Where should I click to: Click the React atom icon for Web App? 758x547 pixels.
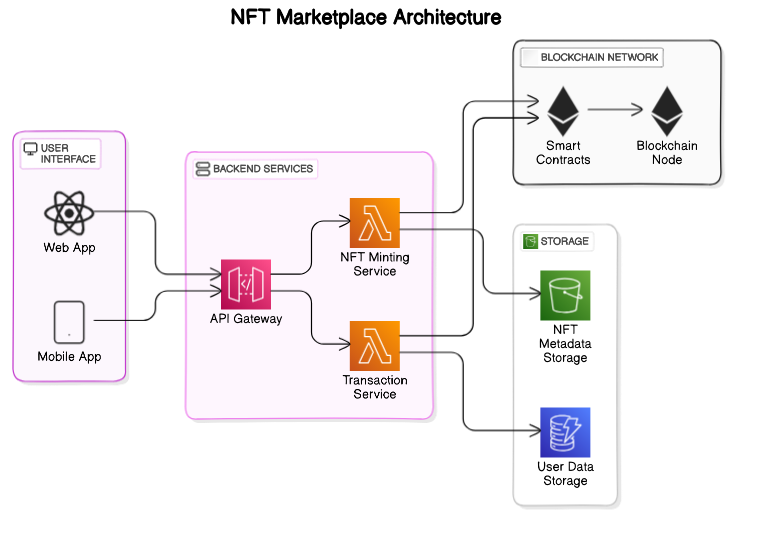[69, 212]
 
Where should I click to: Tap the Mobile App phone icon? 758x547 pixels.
[69, 322]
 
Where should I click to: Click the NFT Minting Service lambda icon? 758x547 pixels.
[374, 223]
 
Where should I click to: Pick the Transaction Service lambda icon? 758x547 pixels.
[374, 346]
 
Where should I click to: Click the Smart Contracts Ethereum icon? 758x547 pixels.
[563, 111]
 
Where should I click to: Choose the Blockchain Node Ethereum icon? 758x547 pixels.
[667, 111]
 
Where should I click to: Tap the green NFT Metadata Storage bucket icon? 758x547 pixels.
[565, 295]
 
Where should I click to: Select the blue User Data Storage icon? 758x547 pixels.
[565, 432]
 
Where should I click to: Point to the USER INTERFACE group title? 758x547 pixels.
[68, 153]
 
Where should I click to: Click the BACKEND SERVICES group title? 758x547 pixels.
[263, 169]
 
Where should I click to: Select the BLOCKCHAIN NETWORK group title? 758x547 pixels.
[599, 57]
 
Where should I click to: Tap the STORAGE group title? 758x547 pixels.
[565, 242]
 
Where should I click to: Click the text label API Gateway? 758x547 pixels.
[246, 319]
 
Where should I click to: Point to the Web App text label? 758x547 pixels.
[69, 247]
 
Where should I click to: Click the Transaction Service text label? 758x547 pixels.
[375, 387]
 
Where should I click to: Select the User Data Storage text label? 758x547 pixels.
[565, 474]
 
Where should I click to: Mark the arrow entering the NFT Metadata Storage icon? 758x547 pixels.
[526, 295]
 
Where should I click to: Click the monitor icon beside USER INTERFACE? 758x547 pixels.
[30, 149]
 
